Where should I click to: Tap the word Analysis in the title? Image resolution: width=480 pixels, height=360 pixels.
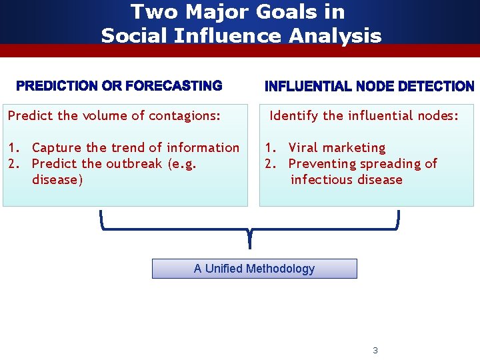click(x=335, y=35)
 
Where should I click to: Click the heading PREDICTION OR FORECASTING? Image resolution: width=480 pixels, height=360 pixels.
click(x=119, y=86)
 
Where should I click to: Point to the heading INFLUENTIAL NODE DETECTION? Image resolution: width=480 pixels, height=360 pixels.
click(x=369, y=87)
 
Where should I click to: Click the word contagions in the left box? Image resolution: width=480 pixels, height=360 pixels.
click(x=185, y=115)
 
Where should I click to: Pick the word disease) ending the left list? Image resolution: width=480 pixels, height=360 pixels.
click(x=57, y=179)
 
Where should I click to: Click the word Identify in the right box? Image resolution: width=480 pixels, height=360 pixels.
click(x=293, y=115)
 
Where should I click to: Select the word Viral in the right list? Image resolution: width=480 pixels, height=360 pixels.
click(x=303, y=147)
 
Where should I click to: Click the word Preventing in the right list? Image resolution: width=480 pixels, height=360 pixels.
click(x=320, y=163)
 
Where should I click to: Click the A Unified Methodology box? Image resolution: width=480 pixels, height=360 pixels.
click(x=254, y=269)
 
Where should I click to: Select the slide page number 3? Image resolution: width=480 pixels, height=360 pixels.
click(x=375, y=350)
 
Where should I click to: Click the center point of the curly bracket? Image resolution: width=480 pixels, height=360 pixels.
click(x=249, y=233)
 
